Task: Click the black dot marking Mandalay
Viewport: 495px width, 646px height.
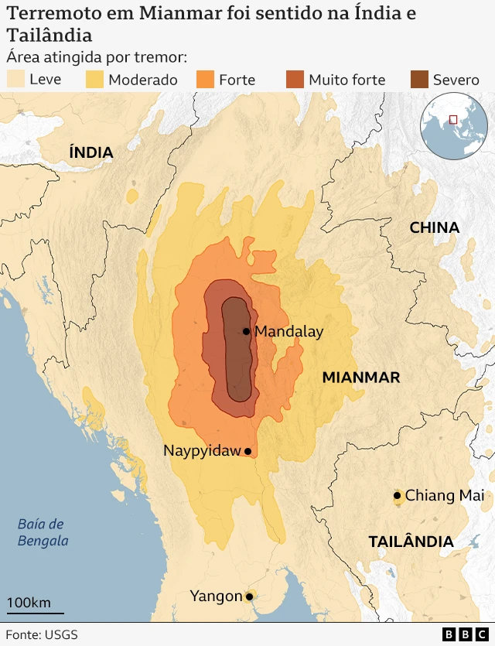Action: (246, 331)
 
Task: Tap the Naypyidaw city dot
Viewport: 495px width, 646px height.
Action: (247, 451)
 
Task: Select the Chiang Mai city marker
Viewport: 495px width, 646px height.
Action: (397, 495)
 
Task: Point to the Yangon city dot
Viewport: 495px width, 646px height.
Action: (249, 596)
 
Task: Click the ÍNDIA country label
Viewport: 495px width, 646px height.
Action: (91, 152)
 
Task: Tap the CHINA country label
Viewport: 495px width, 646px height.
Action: (434, 227)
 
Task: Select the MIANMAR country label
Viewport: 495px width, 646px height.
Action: (360, 378)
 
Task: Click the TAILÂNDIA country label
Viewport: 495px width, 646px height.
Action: (411, 542)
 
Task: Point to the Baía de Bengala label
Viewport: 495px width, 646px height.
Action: (43, 533)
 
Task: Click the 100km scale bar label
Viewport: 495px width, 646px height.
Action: (29, 603)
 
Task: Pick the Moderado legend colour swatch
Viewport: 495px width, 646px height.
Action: (94, 79)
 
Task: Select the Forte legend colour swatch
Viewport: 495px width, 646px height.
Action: (204, 79)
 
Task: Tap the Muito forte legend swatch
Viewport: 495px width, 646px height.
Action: (295, 79)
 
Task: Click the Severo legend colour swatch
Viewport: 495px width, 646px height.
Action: (418, 79)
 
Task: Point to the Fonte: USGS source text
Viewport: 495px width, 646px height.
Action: (42, 634)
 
